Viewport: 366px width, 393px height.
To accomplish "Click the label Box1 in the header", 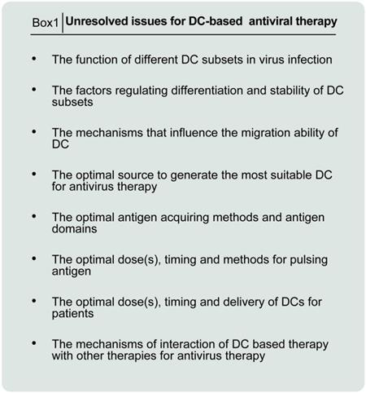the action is [x=46, y=23].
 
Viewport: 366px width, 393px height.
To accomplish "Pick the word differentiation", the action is [x=207, y=91].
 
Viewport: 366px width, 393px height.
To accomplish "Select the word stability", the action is [x=290, y=91].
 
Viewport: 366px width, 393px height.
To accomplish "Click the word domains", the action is [x=74, y=229].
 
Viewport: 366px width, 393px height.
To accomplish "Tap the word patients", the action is [x=72, y=314].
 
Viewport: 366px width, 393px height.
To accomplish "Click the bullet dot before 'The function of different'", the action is [x=34, y=59].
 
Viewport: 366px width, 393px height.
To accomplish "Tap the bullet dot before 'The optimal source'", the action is [x=34, y=174].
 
